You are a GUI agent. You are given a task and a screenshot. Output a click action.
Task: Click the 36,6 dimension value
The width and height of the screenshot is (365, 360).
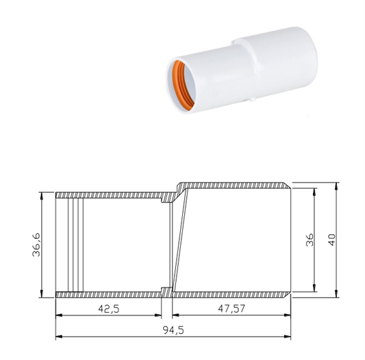point(36,244)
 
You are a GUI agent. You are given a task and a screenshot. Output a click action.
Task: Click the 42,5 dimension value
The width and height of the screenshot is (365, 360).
point(109,309)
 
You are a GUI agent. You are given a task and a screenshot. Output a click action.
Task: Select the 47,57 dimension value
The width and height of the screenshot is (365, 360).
point(231,309)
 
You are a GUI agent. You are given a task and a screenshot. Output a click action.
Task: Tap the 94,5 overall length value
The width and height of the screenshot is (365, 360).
point(173,330)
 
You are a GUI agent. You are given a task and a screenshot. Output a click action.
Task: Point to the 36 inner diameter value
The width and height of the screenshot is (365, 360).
point(310,240)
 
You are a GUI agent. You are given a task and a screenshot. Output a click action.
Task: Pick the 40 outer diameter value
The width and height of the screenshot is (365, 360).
point(331,240)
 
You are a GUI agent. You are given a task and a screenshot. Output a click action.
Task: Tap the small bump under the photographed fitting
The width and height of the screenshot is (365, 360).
point(252,100)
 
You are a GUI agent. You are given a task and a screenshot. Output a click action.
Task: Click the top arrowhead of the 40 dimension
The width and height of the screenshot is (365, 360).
point(336,186)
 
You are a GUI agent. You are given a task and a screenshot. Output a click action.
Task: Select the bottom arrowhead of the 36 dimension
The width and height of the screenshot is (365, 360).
point(314,288)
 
